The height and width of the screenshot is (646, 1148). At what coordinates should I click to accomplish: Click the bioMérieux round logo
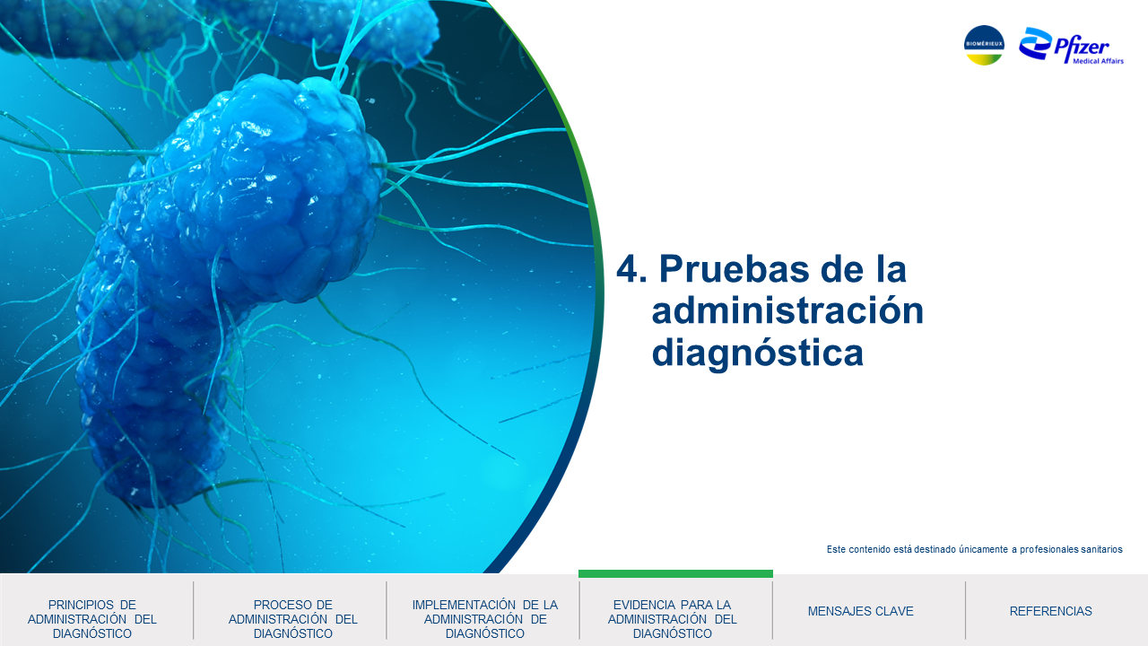[984, 45]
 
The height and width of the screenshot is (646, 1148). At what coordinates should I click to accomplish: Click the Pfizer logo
[1071, 46]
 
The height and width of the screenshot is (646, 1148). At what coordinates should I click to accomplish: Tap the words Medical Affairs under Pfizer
[1099, 61]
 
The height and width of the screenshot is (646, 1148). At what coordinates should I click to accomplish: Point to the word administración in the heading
[787, 310]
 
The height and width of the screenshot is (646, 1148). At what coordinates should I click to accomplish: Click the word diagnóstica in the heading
[758, 354]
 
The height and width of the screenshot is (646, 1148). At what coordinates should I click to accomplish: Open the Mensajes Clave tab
[860, 611]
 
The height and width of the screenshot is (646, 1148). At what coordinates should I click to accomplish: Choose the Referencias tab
[1050, 611]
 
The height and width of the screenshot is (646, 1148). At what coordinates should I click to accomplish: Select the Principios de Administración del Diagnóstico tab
[92, 619]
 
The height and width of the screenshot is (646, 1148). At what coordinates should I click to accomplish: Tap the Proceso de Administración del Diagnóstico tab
[292, 619]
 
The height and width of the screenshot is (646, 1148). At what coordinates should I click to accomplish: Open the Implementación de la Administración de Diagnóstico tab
[485, 619]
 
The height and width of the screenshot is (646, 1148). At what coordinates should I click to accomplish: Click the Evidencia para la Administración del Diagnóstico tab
[673, 619]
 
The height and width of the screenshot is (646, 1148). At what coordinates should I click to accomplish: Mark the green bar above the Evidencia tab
[675, 573]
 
